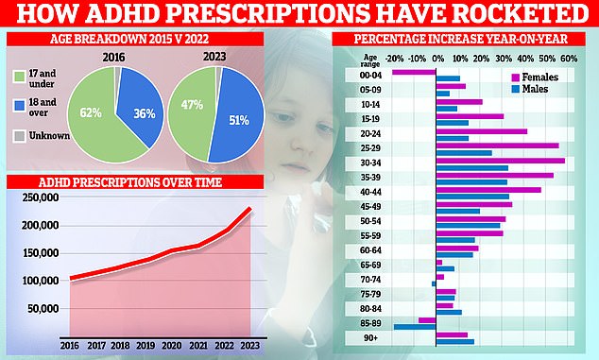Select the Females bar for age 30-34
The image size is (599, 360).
(x=500, y=161)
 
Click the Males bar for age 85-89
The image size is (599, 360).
(x=414, y=327)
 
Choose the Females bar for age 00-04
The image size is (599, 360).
(x=413, y=71)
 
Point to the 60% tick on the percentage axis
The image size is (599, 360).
(x=570, y=59)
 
